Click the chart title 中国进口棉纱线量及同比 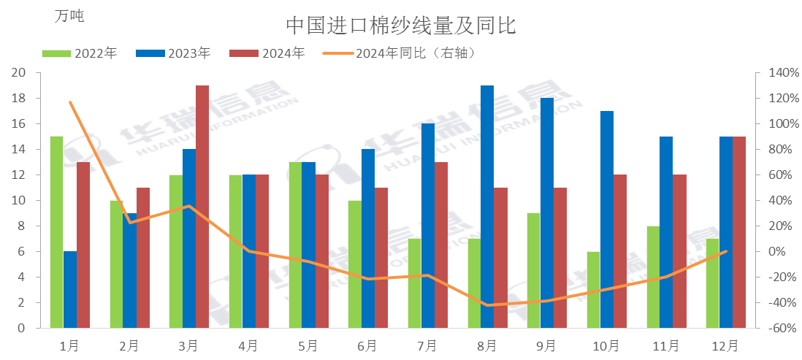click(x=401, y=26)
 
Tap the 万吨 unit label click(x=69, y=17)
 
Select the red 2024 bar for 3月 click(x=202, y=207)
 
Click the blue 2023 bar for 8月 click(x=487, y=207)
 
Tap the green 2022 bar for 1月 click(x=56, y=232)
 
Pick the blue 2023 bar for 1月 click(x=69, y=290)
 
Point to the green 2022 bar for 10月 click(x=593, y=290)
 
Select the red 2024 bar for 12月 click(x=739, y=232)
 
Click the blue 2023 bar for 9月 click(x=546, y=213)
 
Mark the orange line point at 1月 click(x=70, y=102)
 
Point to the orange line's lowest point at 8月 click(x=487, y=305)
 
